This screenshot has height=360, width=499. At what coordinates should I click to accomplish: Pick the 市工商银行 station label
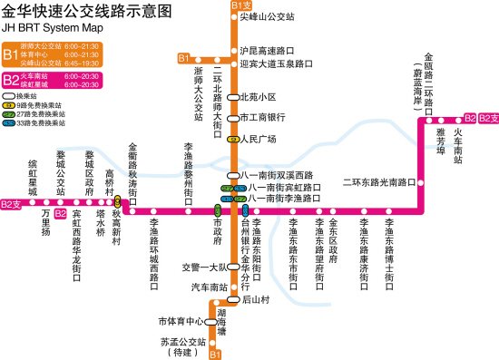click(x=262, y=118)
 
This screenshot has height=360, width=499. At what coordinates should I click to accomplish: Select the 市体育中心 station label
click(x=180, y=321)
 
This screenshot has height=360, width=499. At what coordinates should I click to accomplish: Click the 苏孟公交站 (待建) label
click(x=181, y=345)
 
